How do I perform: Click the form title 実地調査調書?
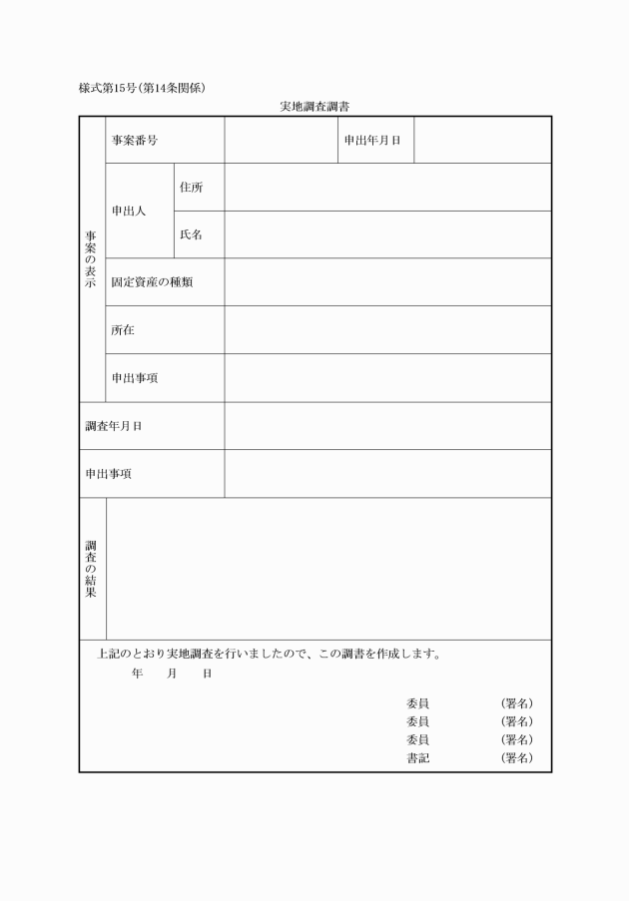[314, 106]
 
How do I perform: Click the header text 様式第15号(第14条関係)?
[143, 88]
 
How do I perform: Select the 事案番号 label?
[134, 141]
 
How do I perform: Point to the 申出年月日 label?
[372, 141]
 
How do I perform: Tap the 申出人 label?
[129, 212]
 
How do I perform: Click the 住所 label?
[191, 188]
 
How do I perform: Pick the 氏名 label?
[191, 235]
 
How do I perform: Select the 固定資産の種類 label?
[152, 282]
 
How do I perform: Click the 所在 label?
[123, 330]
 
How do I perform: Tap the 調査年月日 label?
[114, 426]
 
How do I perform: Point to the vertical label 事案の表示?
[91, 259]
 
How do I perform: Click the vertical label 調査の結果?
[91, 570]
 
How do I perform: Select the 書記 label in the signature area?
[417, 758]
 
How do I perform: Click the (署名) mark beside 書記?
[516, 758]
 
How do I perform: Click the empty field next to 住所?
[387, 188]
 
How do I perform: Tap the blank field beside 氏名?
[387, 235]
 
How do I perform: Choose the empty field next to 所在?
[387, 330]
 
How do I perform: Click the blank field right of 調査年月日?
[387, 426]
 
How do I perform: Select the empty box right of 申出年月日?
[481, 141]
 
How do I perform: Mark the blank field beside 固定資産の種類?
[387, 282]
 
